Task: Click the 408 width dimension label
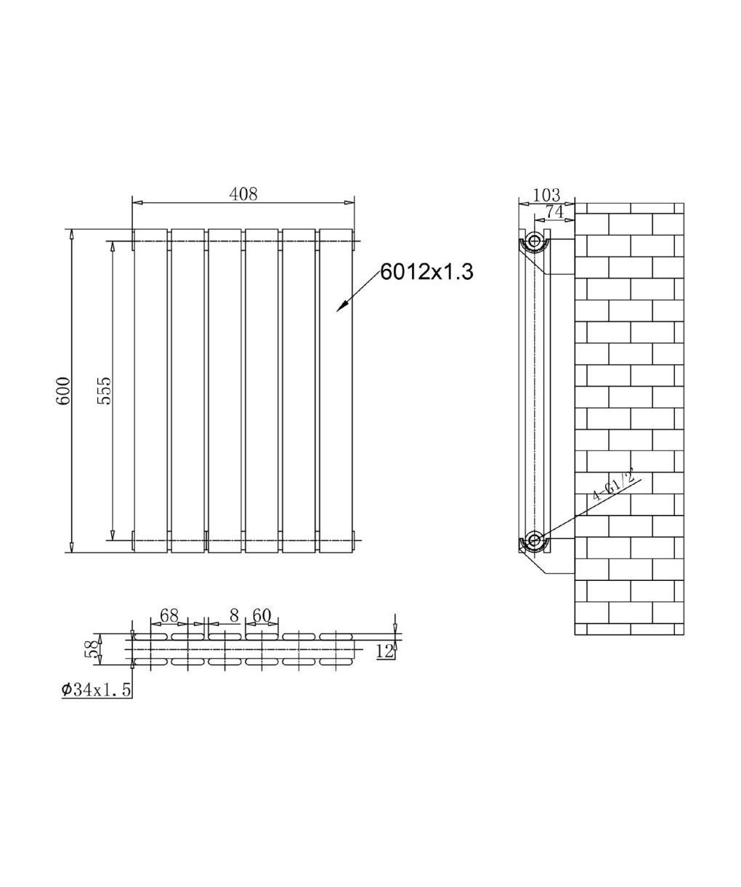click(243, 194)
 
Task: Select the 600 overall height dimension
click(62, 391)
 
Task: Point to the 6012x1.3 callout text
click(426, 272)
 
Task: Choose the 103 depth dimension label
click(546, 195)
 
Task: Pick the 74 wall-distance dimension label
click(554, 212)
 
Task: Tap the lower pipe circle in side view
click(534, 540)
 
